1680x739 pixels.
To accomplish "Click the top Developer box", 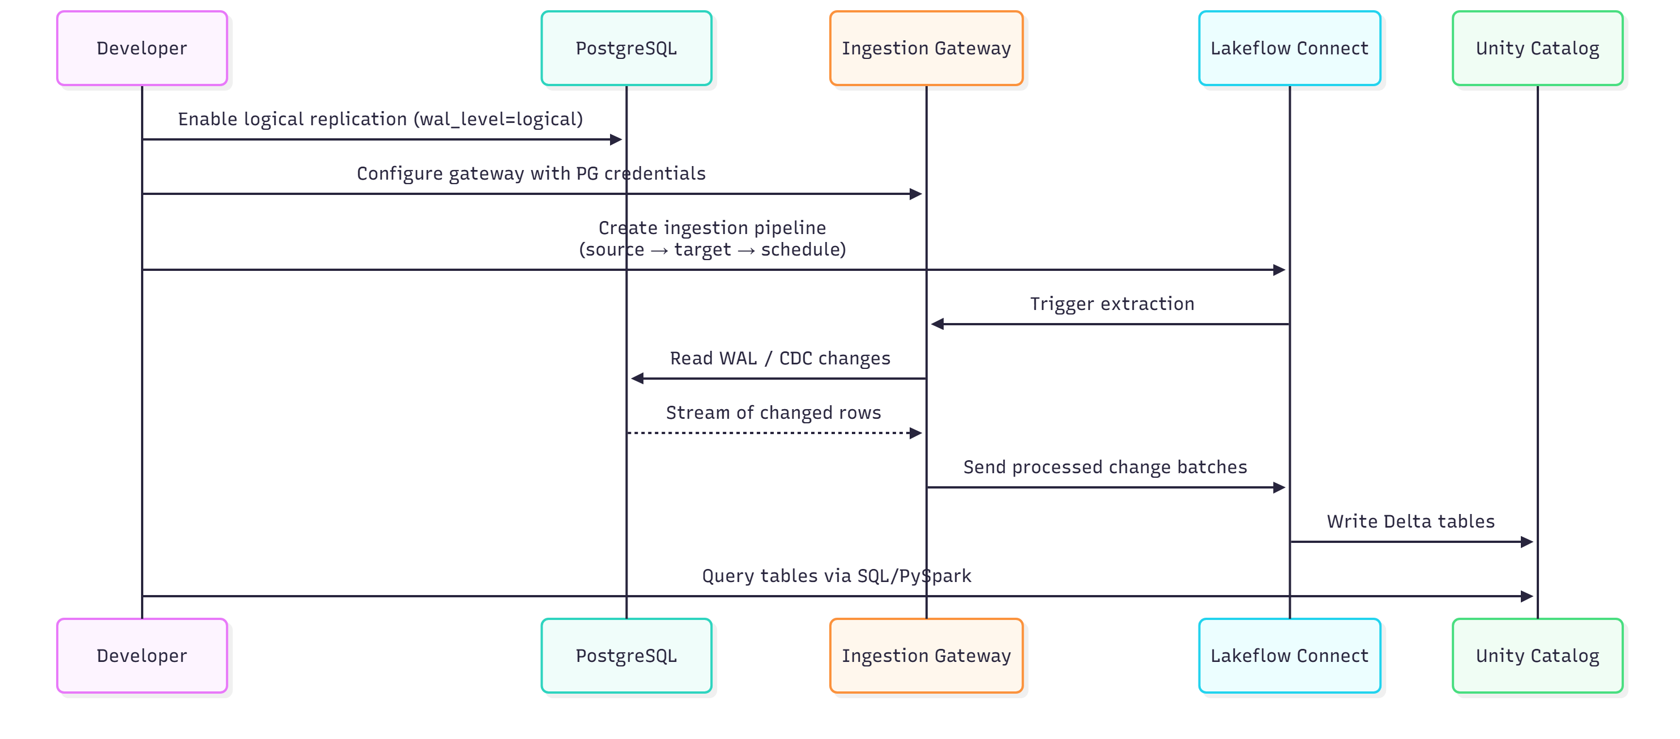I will point(142,48).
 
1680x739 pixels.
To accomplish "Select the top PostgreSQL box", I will point(626,48).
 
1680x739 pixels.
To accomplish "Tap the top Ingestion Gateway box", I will point(926,48).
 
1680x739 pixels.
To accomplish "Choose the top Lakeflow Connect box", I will point(1289,48).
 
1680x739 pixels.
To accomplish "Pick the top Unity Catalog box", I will point(1537,48).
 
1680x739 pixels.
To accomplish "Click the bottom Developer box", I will point(142,656).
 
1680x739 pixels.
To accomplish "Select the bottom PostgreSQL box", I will point(626,656).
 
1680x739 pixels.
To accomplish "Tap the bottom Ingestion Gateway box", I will point(926,656).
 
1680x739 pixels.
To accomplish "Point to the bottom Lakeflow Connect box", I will point(1289,656).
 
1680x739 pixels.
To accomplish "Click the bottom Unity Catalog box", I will point(1537,656).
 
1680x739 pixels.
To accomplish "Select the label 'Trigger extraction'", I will point(1112,304).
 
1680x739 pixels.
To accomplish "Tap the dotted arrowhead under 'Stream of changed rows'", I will point(916,433).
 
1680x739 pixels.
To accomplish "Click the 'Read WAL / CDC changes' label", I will point(780,359).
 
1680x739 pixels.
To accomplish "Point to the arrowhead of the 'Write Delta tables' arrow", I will point(1527,542).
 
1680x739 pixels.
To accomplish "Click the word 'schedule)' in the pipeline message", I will point(803,250).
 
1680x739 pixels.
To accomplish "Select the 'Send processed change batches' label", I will point(1105,468).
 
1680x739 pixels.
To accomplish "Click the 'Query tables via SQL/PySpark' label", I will point(836,576).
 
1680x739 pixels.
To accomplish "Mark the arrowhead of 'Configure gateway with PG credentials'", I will point(916,194).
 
